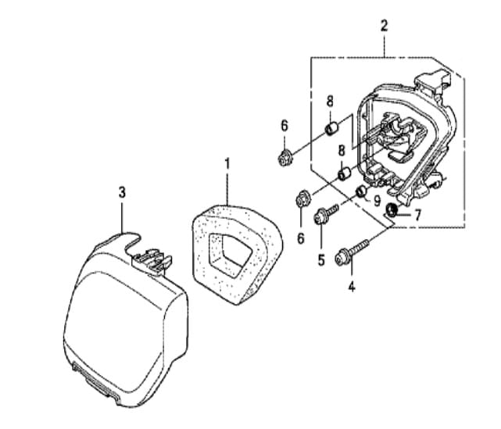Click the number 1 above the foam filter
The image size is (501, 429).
227,164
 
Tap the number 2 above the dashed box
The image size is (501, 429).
384,26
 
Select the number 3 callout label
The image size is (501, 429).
122,192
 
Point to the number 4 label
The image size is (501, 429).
352,287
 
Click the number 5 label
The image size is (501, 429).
321,260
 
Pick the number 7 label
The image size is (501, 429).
417,216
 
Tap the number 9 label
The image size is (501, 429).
378,201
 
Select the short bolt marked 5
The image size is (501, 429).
326,215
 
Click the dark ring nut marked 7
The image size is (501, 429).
392,210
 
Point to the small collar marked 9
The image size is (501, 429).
362,191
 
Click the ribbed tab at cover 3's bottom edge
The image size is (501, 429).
96,380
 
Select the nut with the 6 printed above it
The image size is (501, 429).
284,157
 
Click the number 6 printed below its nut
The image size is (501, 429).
301,238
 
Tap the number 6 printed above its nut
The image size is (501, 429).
284,126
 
